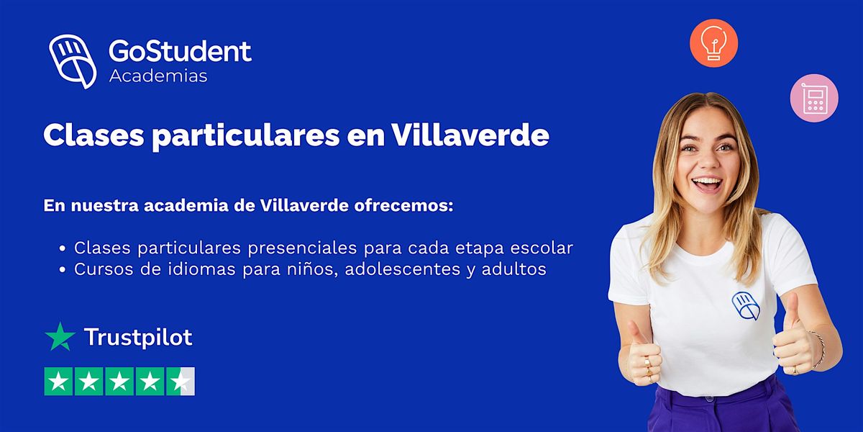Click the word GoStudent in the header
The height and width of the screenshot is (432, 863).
click(180, 51)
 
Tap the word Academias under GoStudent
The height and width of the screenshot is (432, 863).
click(158, 76)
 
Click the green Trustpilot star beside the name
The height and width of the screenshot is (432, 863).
click(60, 336)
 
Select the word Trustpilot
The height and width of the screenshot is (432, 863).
click(138, 337)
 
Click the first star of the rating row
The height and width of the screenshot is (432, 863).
click(59, 382)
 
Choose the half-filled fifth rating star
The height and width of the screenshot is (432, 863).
click(180, 382)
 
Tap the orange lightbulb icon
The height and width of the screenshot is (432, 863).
click(713, 43)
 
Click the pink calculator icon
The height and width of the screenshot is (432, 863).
click(814, 98)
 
